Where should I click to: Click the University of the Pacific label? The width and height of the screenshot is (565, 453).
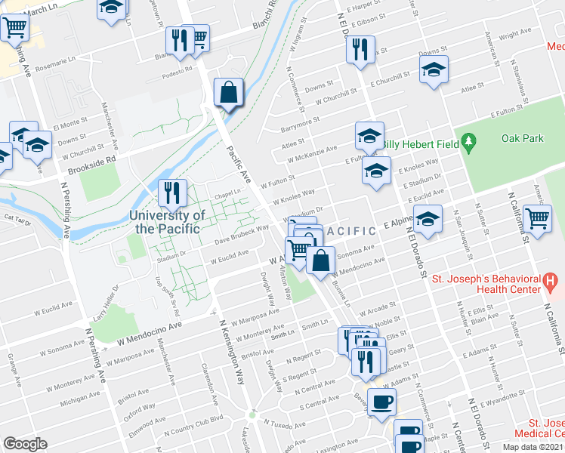coord(167,221)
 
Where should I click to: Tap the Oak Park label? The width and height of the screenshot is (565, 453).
coord(522,138)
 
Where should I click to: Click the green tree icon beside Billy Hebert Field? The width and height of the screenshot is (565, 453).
coord(469,141)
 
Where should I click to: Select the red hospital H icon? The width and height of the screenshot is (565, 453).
coord(550,284)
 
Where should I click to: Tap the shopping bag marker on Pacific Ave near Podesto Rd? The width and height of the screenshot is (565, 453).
coord(227,92)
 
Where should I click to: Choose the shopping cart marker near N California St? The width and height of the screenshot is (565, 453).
coord(537,220)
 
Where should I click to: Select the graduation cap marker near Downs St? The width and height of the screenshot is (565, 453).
coord(434,70)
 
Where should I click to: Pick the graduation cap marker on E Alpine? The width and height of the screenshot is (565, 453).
coord(428,220)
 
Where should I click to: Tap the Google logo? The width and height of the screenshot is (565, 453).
coord(25,443)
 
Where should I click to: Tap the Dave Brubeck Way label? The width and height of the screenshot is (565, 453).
coord(241,235)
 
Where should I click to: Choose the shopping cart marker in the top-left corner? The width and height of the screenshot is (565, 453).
coord(14,28)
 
